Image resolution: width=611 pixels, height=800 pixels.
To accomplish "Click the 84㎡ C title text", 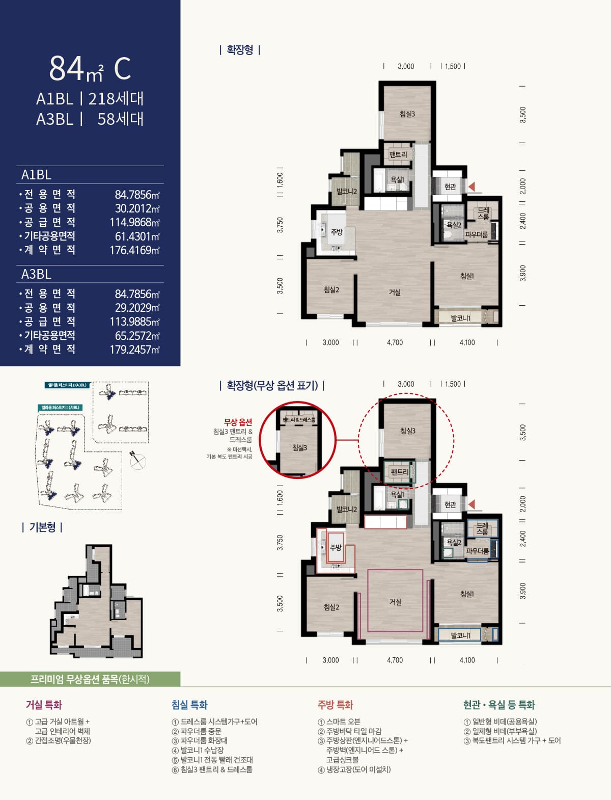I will (x=90, y=69).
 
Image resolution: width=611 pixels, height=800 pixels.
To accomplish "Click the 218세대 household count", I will (x=116, y=98).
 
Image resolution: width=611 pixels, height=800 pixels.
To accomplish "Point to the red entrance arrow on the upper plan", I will (x=471, y=186).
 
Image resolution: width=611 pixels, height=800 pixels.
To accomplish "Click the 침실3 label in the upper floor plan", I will (x=407, y=114).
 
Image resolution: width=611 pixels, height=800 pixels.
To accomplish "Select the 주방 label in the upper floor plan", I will (x=337, y=232).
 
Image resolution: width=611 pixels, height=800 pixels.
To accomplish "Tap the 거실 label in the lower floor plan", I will (x=395, y=602).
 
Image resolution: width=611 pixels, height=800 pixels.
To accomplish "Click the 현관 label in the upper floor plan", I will (x=450, y=187).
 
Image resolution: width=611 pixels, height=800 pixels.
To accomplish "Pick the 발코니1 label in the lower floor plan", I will (x=460, y=635).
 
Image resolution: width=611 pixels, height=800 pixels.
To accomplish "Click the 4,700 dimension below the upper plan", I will (x=395, y=342).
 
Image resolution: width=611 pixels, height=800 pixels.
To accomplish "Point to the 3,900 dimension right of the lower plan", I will (x=523, y=591).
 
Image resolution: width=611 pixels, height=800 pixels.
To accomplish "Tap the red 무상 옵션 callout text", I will (x=238, y=422).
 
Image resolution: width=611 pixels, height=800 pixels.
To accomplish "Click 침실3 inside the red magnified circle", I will (x=299, y=448).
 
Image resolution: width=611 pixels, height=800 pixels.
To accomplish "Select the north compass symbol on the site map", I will (x=137, y=461).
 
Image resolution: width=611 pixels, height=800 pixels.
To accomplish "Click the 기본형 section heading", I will (x=42, y=527).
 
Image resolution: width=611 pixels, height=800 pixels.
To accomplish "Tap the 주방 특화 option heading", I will (x=335, y=705).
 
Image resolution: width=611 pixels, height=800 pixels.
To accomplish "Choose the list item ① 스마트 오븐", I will (x=339, y=722).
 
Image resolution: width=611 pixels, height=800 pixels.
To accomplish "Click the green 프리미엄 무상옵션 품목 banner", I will (x=90, y=679).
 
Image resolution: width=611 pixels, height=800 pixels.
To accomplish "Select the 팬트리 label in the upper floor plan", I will (x=398, y=154).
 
